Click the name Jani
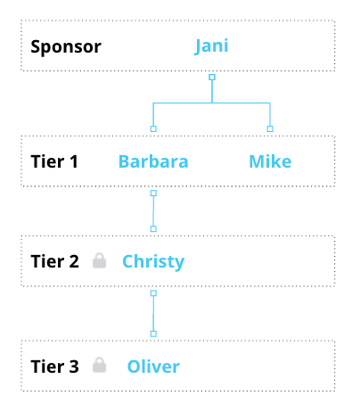click(211, 46)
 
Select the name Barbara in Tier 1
click(153, 161)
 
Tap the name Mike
click(270, 161)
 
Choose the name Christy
click(153, 262)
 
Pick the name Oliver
click(153, 367)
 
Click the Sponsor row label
click(66, 47)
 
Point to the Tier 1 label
click(54, 161)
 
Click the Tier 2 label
click(55, 261)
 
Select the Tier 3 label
click(55, 367)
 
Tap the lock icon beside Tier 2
click(99, 260)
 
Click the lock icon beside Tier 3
click(99, 365)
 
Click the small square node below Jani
click(212, 78)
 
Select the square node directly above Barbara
click(153, 128)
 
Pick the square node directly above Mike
click(270, 128)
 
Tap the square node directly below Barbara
click(153, 194)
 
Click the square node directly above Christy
click(153, 229)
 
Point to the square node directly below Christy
click(153, 293)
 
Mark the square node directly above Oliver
click(153, 334)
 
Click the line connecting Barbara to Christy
click(153, 211)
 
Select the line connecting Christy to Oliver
click(153, 314)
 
